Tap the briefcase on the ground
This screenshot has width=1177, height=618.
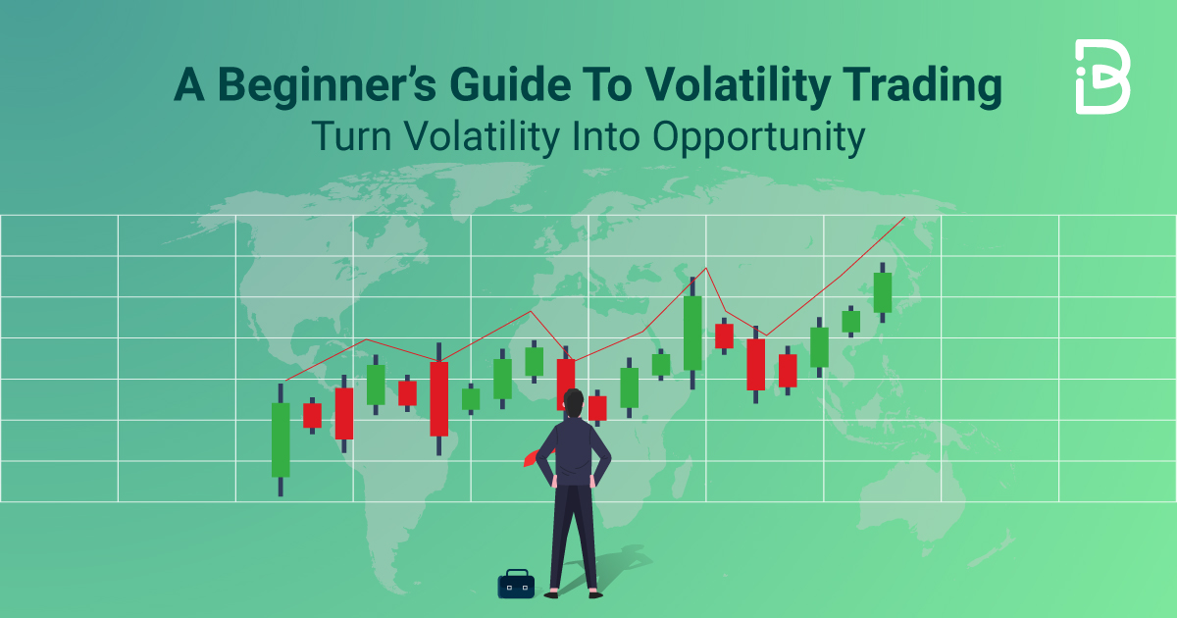coord(516,584)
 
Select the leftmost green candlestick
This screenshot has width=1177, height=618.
coord(281,439)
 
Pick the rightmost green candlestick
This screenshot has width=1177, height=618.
coord(883,292)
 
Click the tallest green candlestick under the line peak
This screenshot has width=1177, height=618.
coord(692,333)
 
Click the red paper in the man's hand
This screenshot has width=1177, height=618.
coord(532,456)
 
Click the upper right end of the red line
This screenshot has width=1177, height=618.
coord(903,218)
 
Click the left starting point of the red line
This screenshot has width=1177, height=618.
coord(285,380)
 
